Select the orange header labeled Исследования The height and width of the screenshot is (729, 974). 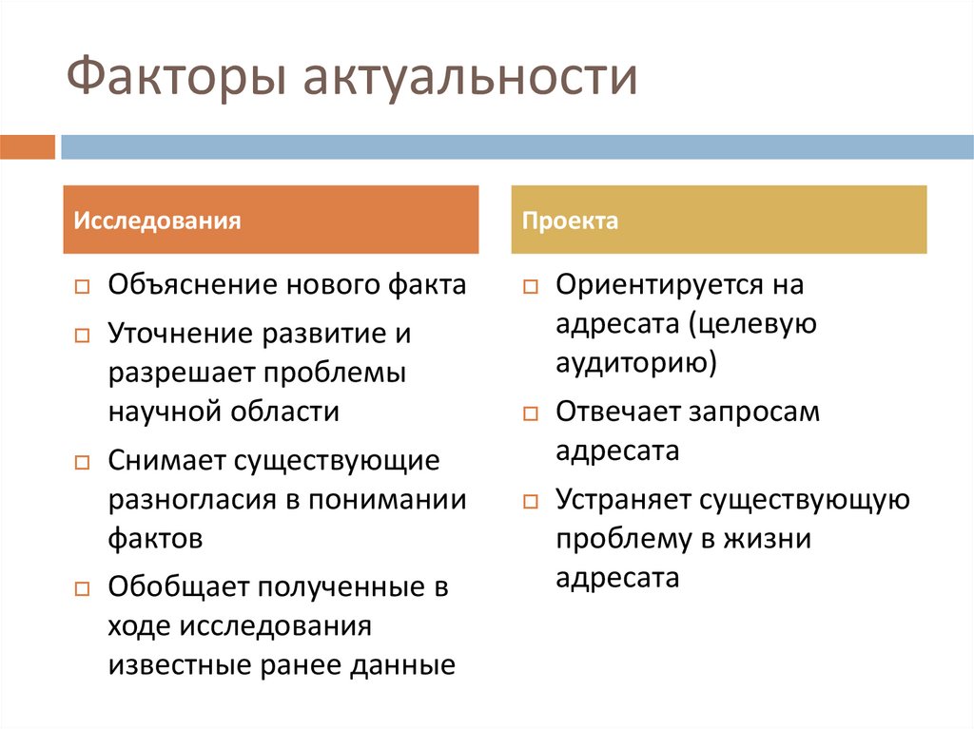click(x=271, y=221)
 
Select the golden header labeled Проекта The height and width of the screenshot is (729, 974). click(x=718, y=221)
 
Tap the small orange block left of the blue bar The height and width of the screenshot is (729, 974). click(x=28, y=147)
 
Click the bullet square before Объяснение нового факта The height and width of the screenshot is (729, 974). click(x=82, y=287)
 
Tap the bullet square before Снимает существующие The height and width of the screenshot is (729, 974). click(x=82, y=463)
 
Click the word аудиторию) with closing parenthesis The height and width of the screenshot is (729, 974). click(x=636, y=363)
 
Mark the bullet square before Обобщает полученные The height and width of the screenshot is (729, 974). click(x=82, y=588)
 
